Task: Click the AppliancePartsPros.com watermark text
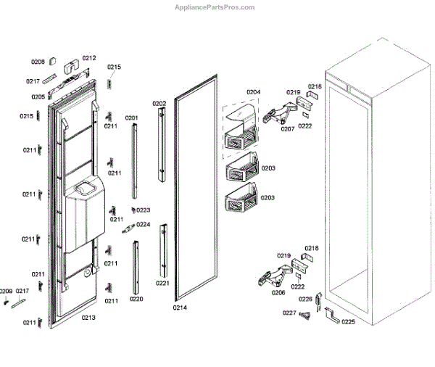(x=215, y=7)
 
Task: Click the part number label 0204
(x=253, y=92)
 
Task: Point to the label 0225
(x=348, y=321)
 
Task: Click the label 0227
(x=289, y=313)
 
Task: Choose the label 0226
(x=305, y=299)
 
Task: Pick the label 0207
(x=288, y=129)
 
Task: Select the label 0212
(x=88, y=58)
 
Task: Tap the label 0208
(x=38, y=62)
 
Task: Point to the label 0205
(x=38, y=96)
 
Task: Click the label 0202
(x=159, y=104)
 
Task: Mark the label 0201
(x=131, y=117)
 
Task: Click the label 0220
(x=136, y=299)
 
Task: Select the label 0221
(x=162, y=283)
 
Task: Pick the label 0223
(x=144, y=210)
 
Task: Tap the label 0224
(x=144, y=225)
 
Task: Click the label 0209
(x=6, y=291)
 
